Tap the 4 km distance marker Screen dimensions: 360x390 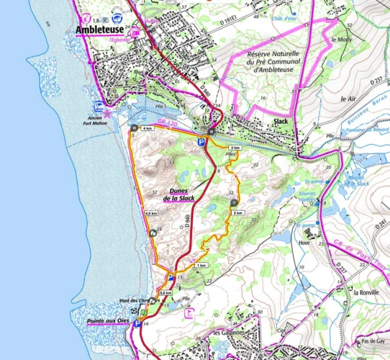point(147,128)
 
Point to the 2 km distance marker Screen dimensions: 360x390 point(239,213)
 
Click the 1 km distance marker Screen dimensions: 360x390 point(201,266)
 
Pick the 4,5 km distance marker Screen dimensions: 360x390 point(151,214)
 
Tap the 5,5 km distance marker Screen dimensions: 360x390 point(165,294)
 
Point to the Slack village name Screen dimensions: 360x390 point(281,122)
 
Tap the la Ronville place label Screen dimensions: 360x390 point(366,292)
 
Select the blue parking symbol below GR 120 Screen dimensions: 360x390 point(202,144)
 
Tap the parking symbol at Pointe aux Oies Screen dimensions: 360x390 point(137,324)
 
